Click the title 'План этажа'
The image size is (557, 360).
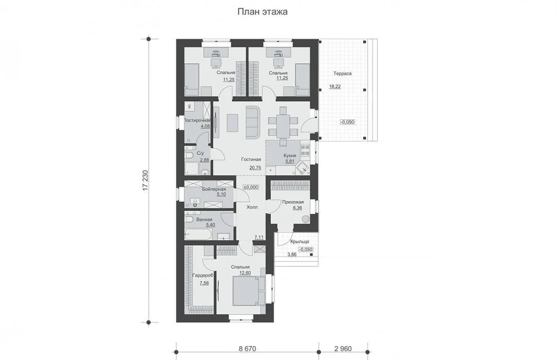click(262, 12)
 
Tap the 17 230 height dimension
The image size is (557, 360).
click(145, 181)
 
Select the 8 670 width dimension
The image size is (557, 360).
click(247, 349)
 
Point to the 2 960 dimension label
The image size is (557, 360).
click(343, 349)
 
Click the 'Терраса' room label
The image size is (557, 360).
click(343, 74)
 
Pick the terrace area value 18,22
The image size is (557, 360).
click(335, 86)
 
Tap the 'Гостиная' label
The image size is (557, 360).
click(251, 159)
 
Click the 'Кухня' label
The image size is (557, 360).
click(290, 155)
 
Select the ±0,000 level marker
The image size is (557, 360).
click(251, 187)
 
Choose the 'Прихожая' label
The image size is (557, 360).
click(293, 202)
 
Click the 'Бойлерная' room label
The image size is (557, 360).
click(214, 189)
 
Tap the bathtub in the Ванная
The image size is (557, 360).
click(198, 234)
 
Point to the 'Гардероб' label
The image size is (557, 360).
click(203, 275)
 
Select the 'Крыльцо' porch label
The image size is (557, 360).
click(300, 242)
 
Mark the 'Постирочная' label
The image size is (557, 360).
click(197, 120)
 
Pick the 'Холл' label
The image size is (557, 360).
click(252, 207)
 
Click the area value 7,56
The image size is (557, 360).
click(204, 283)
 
